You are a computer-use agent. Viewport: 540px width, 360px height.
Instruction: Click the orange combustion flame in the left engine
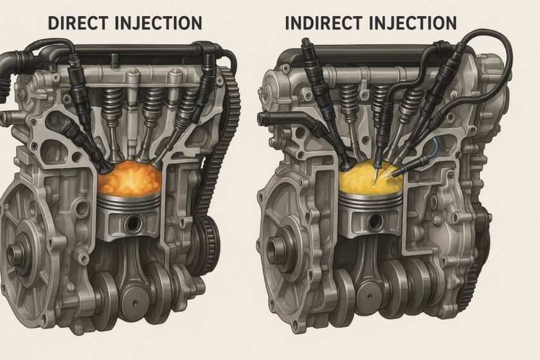129,179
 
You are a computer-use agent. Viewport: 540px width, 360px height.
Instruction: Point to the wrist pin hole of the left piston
132,223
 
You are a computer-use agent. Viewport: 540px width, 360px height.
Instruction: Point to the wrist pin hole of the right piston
373,221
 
